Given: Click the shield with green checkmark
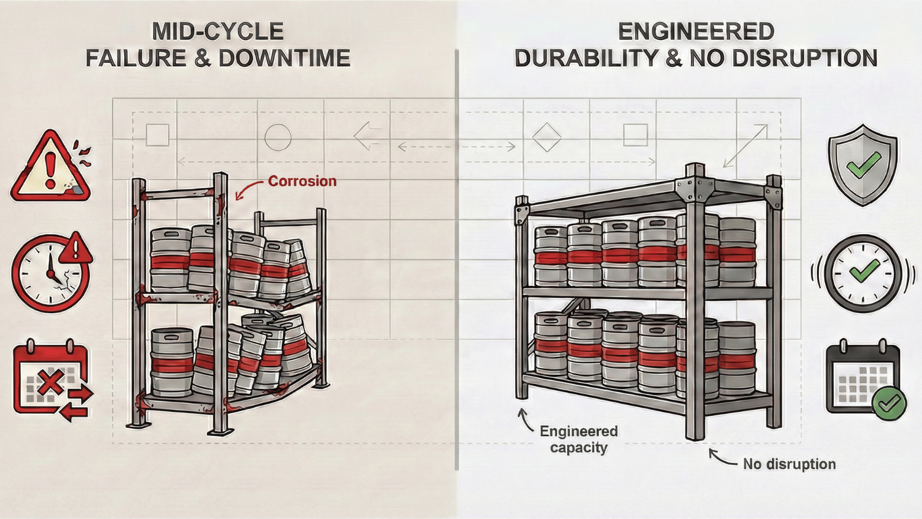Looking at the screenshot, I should pos(863,164).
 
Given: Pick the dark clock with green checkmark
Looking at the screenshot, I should pos(863,273).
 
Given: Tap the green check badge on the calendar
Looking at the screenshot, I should pos(889,403).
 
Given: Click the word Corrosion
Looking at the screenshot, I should pos(302,181).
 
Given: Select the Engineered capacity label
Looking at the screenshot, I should pos(579,439).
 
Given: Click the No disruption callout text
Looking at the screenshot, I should pos(789,464).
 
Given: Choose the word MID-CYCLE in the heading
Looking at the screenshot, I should pos(218,31).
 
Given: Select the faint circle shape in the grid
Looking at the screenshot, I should pos(278,137).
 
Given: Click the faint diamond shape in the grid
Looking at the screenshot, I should pos(546,137).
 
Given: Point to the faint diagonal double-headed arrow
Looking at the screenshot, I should pos(746,146).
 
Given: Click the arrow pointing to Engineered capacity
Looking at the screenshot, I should pos(525,420).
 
